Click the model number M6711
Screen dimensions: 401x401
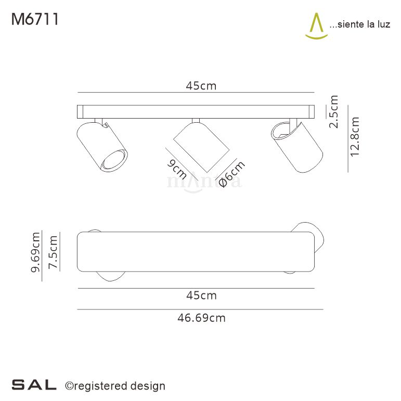(34, 19)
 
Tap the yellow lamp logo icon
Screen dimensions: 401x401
(315, 26)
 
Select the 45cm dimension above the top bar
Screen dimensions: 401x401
(201, 86)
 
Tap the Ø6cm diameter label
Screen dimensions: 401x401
(231, 174)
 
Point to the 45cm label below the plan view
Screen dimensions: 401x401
(201, 296)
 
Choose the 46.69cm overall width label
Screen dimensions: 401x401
(201, 318)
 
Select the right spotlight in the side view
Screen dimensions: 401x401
(296, 147)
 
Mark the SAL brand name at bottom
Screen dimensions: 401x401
(34, 385)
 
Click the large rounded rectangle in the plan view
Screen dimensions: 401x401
(195, 252)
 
